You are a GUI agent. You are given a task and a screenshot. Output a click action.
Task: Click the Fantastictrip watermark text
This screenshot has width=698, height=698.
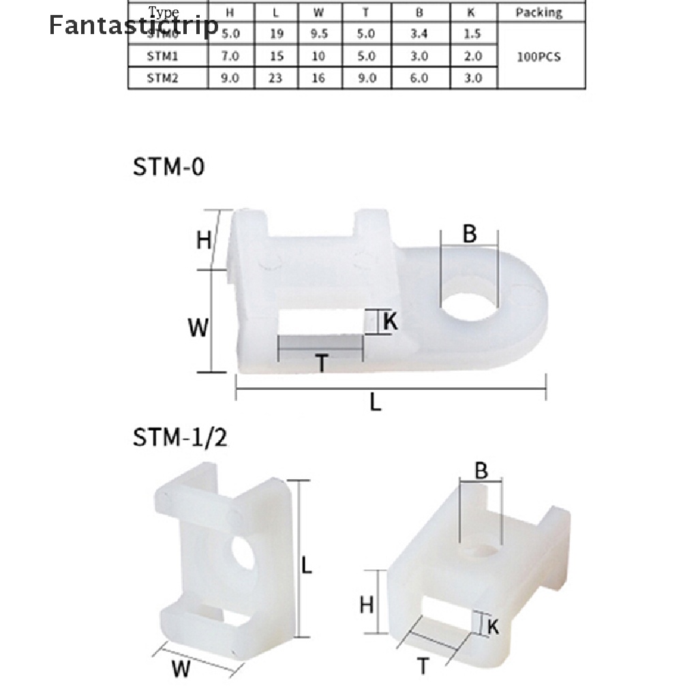134,25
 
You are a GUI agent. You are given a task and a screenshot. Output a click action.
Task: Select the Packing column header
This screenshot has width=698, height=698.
538,12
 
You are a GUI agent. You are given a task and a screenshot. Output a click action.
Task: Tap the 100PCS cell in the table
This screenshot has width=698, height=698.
538,57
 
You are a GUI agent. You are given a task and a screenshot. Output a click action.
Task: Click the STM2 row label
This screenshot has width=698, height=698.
162,78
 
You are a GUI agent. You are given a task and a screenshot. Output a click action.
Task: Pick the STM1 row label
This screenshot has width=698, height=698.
162,57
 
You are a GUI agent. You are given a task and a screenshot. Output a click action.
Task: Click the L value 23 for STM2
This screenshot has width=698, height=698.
275,78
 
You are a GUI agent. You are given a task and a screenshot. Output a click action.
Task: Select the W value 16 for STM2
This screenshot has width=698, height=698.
318,78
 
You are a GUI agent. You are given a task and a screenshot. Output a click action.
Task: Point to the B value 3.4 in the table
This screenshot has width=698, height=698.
419,33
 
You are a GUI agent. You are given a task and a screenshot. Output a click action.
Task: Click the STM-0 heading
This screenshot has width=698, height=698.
168,167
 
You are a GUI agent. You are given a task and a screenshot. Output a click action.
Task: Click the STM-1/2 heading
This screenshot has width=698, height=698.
179,436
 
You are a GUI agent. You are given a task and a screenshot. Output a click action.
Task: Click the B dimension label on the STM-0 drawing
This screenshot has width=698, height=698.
470,234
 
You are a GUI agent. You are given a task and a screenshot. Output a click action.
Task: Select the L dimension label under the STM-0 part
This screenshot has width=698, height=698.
376,403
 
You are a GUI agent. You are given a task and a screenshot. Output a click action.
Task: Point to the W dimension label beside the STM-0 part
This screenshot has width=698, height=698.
198,329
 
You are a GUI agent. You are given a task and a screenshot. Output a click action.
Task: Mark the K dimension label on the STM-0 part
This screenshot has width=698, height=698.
390,322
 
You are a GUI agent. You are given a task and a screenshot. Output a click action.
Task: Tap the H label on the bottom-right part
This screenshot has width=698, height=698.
367,604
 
